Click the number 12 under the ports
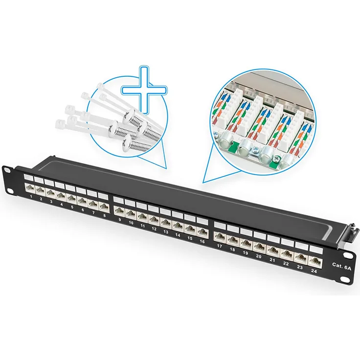coord(154,229)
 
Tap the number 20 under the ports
coord(258,256)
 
